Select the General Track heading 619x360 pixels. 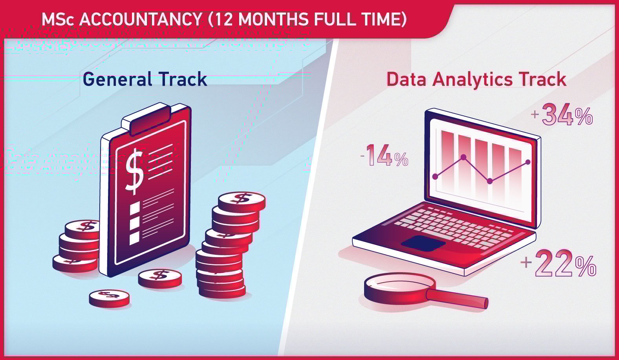[x=145, y=79]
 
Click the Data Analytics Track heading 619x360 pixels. [x=476, y=79]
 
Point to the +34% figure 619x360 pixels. [x=562, y=115]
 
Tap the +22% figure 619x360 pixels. [x=559, y=263]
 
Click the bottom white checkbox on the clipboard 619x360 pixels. [x=134, y=238]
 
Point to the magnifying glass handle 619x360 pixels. [x=460, y=298]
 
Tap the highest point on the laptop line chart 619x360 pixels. [x=463, y=157]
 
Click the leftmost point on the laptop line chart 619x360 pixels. [x=435, y=177]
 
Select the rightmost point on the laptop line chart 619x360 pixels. [x=527, y=162]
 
